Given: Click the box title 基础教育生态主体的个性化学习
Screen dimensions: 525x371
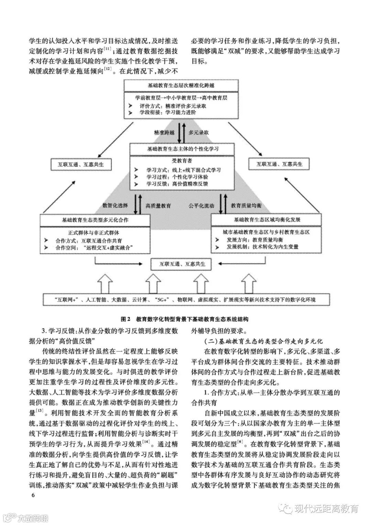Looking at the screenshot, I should click(182, 149).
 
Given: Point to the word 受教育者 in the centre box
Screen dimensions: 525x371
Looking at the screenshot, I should click(182, 160).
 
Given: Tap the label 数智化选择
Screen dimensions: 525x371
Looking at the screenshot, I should click(115, 206).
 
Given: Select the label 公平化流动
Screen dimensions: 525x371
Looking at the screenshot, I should click(201, 206).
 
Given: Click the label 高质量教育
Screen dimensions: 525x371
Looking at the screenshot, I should click(158, 206).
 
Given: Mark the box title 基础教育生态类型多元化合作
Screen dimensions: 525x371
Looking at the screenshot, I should click(95, 219).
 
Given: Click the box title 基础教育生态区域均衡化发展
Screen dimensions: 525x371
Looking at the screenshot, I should click(267, 219).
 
